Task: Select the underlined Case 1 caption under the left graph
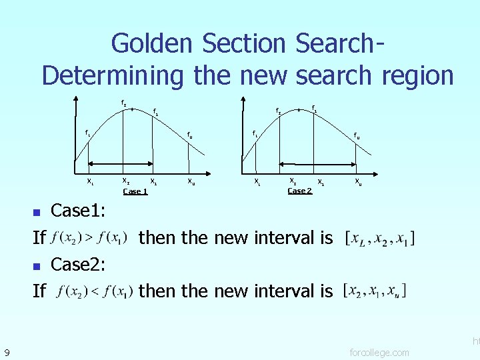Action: pos(135,191)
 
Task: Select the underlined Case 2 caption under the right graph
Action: pos(299,191)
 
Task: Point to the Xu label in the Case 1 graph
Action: pos(191,181)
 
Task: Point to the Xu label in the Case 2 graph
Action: pos(359,181)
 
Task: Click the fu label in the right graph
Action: pos(357,136)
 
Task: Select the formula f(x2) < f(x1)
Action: pos(95,291)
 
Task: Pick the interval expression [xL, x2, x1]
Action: pos(380,238)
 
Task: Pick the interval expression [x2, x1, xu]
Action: pos(374,291)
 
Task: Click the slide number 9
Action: pos(6,351)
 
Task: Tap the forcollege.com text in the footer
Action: pos(380,352)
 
